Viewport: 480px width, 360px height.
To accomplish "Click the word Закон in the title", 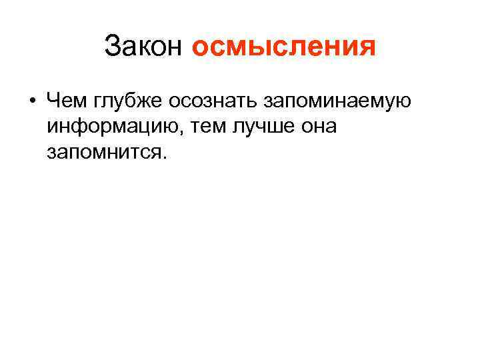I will point(143,47).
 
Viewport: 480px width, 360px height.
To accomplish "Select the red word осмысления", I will point(283,47).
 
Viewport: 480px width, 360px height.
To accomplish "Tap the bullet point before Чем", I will point(31,101).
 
